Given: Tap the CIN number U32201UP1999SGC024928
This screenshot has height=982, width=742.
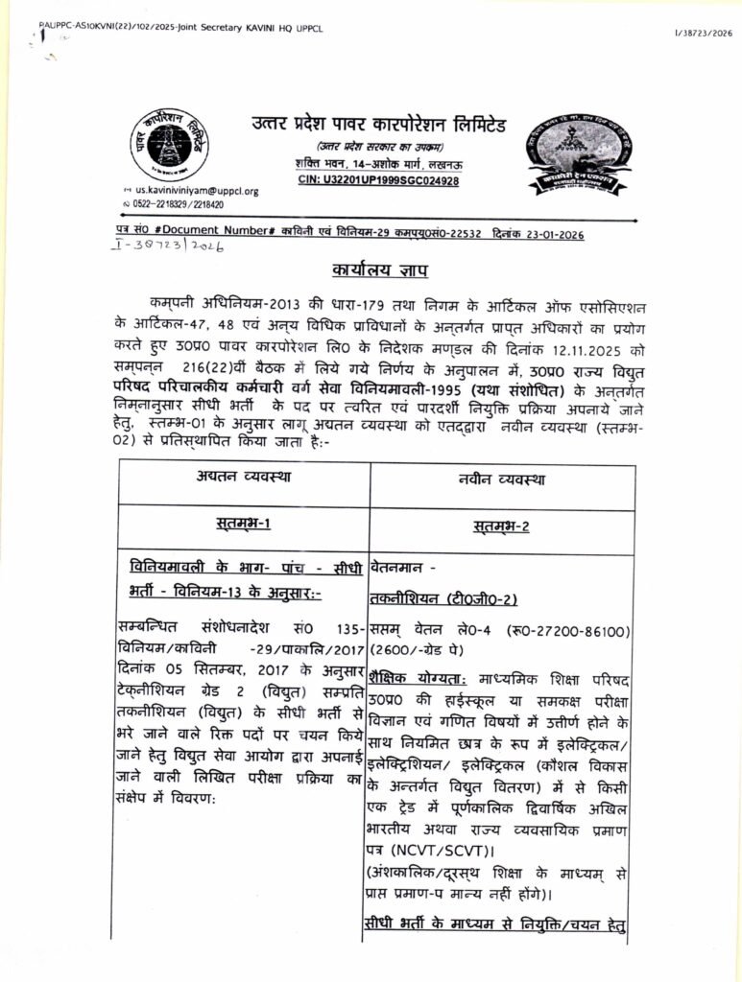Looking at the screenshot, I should click(378, 180).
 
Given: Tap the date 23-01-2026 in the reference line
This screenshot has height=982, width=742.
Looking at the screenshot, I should click(548, 234).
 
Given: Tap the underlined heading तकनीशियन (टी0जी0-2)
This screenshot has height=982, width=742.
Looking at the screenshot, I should click(443, 600).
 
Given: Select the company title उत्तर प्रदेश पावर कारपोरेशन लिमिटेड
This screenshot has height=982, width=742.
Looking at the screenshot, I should click(378, 126).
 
